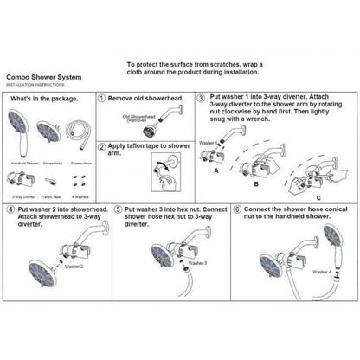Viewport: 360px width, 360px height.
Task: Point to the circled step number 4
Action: point(10,209)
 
